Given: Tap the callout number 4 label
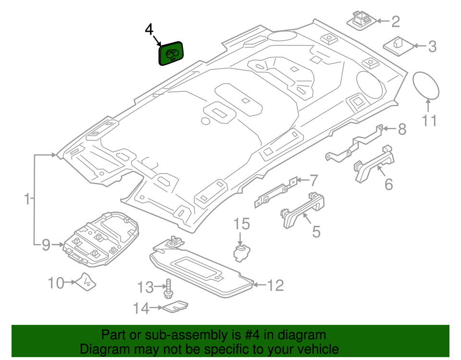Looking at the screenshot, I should pyautogui.click(x=149, y=29).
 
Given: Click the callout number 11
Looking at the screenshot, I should pyautogui.click(x=429, y=120).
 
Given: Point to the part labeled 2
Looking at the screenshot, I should pyautogui.click(x=360, y=21).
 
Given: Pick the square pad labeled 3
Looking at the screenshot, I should pyautogui.click(x=398, y=46).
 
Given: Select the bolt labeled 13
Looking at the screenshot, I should pyautogui.click(x=168, y=287).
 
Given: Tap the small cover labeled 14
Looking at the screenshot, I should pyautogui.click(x=175, y=307).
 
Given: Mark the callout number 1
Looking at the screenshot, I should pyautogui.click(x=28, y=198).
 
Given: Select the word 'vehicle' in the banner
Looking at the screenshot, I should pyautogui.click(x=314, y=349).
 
